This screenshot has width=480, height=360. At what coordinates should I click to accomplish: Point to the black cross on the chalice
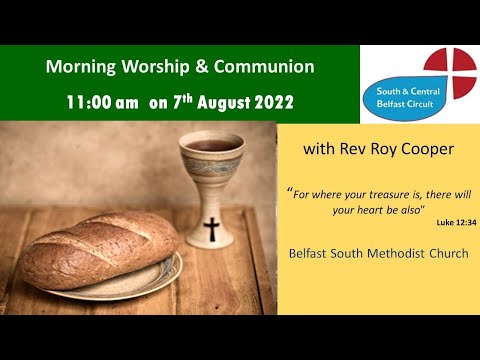(x=211, y=229)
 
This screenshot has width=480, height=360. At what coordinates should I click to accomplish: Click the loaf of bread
(x=100, y=250)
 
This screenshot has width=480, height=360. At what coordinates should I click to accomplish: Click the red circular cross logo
(x=445, y=72)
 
